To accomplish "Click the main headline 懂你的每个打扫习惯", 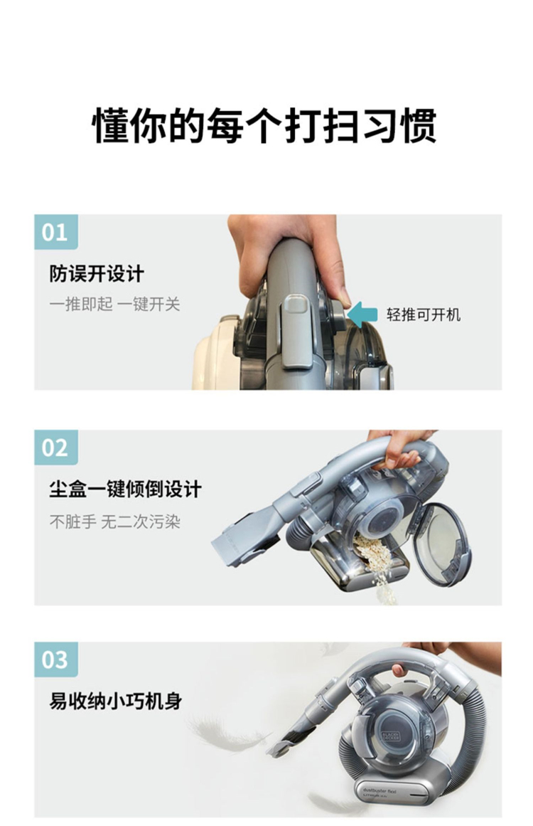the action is coord(264,127).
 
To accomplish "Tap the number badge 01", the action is coord(55,232).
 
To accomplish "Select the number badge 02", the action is coord(55,448).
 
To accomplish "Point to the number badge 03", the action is coord(55,659).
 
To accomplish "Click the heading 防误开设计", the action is coord(96,274).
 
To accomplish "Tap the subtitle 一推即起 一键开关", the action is coord(114,304).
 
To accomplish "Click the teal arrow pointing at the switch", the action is coord(362,314).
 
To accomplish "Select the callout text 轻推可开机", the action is coord(424,314).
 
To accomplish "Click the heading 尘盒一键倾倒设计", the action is coord(125,488).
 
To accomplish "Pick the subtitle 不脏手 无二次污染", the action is coord(114,521).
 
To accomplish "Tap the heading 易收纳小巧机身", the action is coord(116,701).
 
